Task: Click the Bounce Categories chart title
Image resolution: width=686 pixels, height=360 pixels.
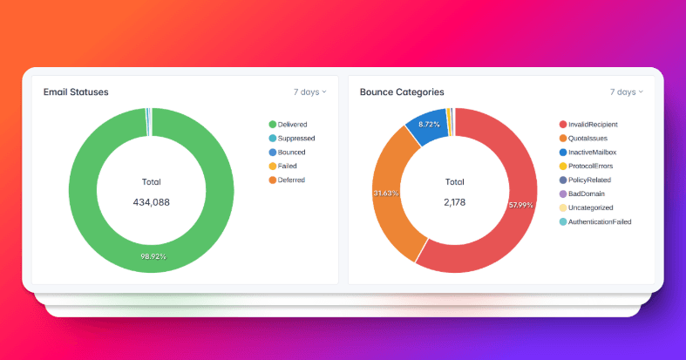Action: tap(402, 92)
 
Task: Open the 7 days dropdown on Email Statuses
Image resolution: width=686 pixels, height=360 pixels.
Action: tap(309, 92)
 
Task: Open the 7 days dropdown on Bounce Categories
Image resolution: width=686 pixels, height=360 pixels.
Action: tap(626, 92)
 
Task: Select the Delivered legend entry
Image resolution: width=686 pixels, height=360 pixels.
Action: tap(292, 125)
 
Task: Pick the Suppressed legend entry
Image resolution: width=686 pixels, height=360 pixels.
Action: tap(295, 139)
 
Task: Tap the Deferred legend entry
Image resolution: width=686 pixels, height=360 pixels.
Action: tap(291, 180)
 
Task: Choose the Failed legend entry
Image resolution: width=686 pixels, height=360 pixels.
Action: tap(289, 166)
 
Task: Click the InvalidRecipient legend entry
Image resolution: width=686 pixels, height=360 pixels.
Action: tap(598, 125)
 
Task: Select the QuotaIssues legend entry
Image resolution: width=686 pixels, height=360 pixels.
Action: tap(592, 139)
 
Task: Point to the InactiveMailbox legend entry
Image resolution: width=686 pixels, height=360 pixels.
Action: tap(597, 153)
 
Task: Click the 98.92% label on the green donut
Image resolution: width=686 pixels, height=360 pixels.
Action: tap(153, 257)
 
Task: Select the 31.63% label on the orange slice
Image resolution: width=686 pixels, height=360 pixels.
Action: tap(385, 193)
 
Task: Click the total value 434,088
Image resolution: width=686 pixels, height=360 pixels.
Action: tap(151, 202)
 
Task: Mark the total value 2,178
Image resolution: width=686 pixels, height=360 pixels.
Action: tap(455, 202)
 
